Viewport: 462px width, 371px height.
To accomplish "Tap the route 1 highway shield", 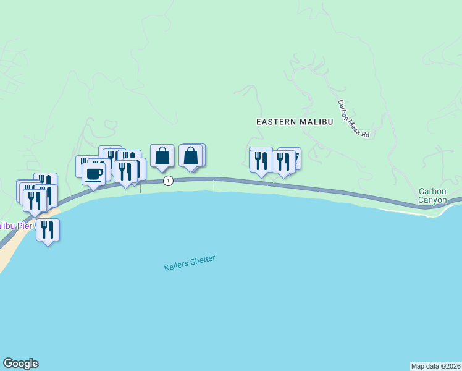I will (x=168, y=181).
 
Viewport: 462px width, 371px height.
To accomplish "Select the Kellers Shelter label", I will (x=190, y=263).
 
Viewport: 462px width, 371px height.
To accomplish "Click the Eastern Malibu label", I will (x=295, y=122).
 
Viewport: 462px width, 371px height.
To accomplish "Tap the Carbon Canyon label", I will (x=432, y=195).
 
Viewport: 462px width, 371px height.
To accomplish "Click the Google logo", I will (x=20, y=364).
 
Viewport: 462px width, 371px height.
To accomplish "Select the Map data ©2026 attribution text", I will (x=435, y=365).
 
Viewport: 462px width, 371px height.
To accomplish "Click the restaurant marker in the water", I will (x=48, y=229).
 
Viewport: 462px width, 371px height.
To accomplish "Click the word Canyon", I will (x=432, y=200).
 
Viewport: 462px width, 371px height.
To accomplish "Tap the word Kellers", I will (x=176, y=266).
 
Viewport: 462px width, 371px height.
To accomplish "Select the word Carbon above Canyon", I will (x=432, y=191).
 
